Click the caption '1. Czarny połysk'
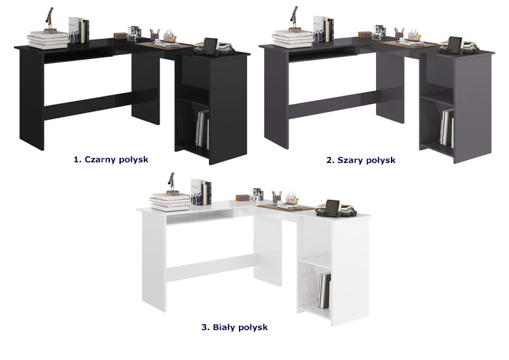(111, 160)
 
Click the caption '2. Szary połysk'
(360, 160)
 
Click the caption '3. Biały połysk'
(234, 327)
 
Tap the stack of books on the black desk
(48, 39)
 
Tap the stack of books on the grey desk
(293, 39)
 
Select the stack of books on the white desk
(170, 202)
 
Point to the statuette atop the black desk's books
(50, 20)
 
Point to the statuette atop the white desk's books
(172, 183)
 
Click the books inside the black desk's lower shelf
(202, 128)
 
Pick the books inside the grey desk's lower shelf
(447, 128)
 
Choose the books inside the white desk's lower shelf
(324, 291)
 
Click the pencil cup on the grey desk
(399, 34)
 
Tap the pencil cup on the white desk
(277, 197)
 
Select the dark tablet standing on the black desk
(210, 46)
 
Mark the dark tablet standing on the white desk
(332, 209)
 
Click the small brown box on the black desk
(120, 35)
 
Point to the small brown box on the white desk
(242, 198)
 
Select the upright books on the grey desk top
(323, 29)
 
